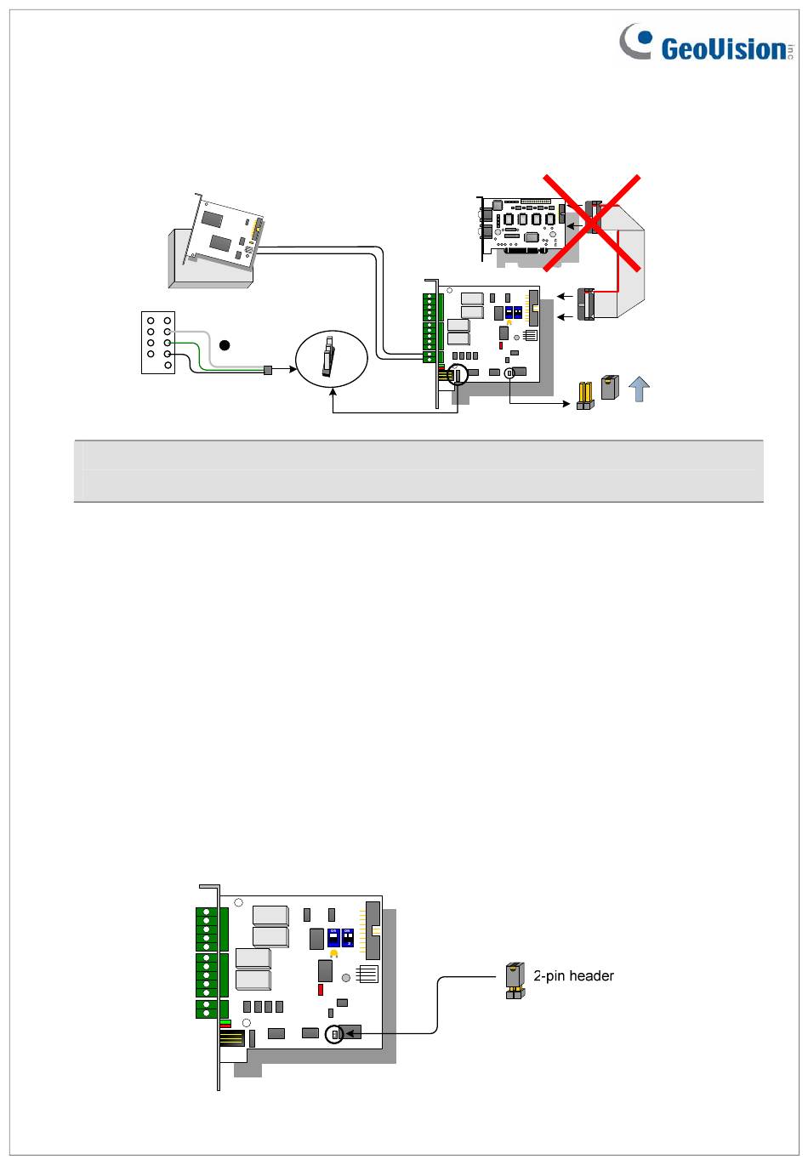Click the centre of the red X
click(592, 221)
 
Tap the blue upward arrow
click(639, 389)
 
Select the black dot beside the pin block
click(225, 344)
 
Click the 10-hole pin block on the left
click(158, 342)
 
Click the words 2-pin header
click(574, 976)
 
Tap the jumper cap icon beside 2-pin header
click(514, 980)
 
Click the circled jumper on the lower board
click(335, 1034)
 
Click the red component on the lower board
click(321, 990)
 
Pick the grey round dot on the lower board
click(346, 978)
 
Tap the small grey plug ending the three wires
click(268, 370)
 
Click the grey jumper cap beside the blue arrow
click(608, 388)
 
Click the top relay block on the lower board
click(270, 915)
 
